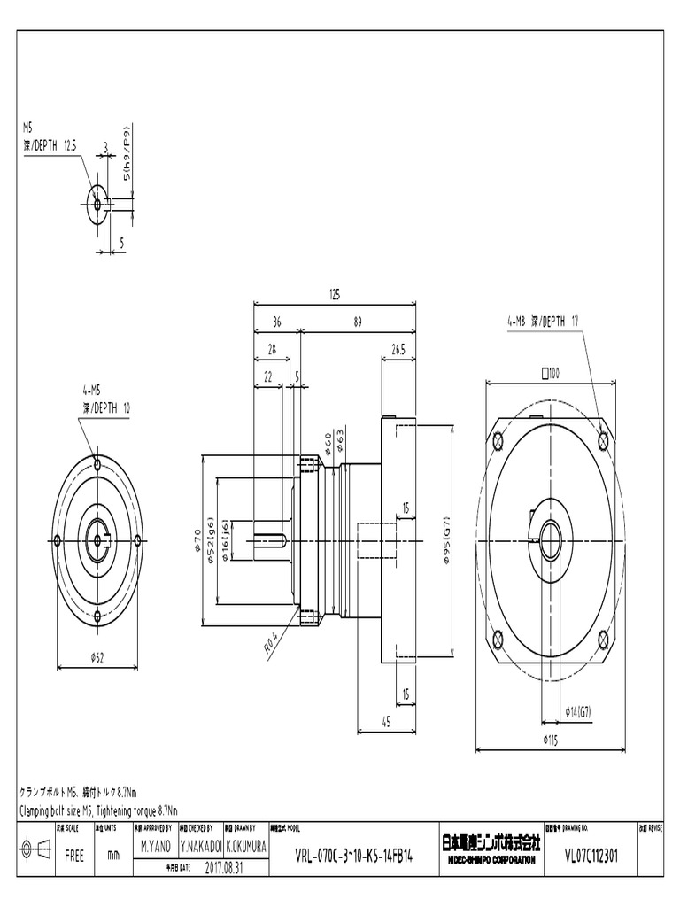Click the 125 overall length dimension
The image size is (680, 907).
point(334,294)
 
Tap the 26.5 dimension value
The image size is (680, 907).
point(398,350)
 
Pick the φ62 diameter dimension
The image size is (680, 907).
point(97,656)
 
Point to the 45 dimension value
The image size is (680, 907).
point(386,722)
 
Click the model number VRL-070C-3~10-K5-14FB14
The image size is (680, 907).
point(353,858)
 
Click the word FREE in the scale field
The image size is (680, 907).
point(74,857)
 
